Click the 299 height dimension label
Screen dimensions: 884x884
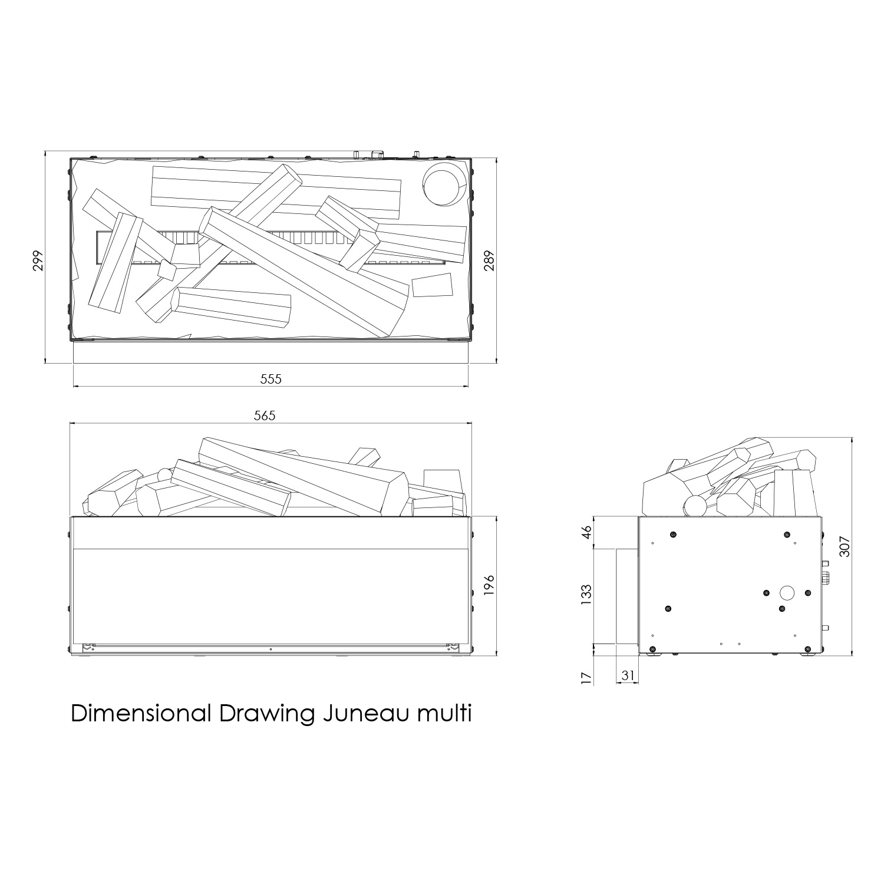pos(38,260)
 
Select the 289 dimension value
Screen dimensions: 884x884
pos(489,260)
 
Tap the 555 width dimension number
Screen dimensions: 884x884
pos(271,379)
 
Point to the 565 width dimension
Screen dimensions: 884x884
pos(265,415)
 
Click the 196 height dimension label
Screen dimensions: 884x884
pos(489,586)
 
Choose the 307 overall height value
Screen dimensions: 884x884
pos(846,547)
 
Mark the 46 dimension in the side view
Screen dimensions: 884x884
pos(586,532)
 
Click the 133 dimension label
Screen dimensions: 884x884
pos(586,595)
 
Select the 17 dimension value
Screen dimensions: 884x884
pos(586,678)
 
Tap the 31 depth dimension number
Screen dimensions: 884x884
pos(628,675)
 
